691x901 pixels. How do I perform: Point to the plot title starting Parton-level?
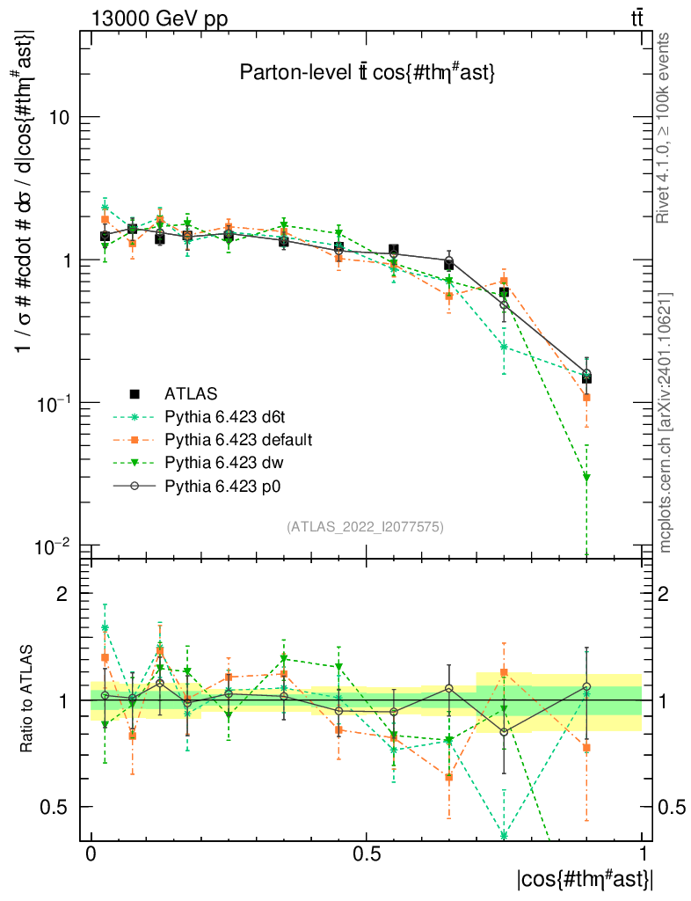pyautogui.click(x=367, y=74)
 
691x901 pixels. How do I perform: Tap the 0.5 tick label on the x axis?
pyautogui.click(x=367, y=853)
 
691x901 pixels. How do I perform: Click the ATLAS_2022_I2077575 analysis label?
pyautogui.click(x=365, y=527)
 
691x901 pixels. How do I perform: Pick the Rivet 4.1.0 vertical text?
pyautogui.click(x=666, y=127)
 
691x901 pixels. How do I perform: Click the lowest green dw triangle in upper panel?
pyautogui.click(x=586, y=478)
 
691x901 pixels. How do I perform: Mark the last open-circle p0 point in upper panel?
pyautogui.click(x=586, y=374)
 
